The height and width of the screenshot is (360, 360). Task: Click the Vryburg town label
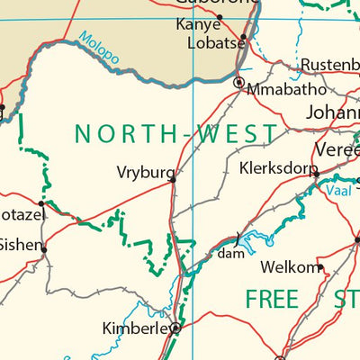(141, 170)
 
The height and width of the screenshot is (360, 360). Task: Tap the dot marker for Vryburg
(173, 179)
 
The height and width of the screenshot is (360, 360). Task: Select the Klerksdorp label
(279, 167)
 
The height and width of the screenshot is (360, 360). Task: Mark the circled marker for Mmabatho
(238, 83)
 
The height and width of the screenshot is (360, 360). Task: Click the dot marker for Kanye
(220, 16)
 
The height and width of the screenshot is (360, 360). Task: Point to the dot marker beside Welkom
(319, 266)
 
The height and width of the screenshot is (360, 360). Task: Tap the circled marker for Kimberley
(175, 329)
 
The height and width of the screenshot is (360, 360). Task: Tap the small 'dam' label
(230, 255)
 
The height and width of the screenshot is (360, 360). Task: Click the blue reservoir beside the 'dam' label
(253, 239)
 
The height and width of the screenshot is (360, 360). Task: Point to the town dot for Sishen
(42, 247)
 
